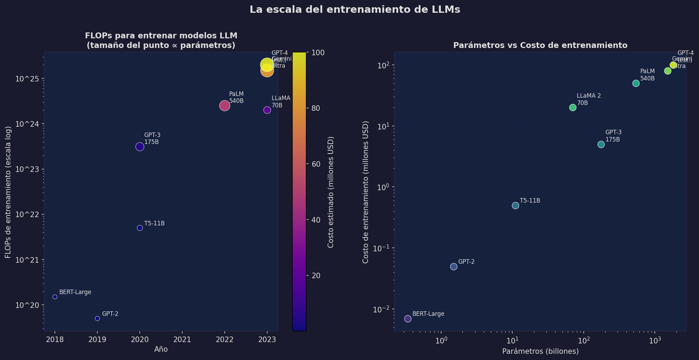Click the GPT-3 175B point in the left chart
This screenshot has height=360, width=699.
coord(139,147)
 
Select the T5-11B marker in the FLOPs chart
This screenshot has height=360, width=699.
coord(139,228)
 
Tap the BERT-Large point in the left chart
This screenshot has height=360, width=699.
coord(55,297)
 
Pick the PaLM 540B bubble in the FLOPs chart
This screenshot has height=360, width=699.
coord(224,106)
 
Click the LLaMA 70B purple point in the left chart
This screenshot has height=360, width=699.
coord(267,110)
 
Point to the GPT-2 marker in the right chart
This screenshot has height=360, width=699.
coord(454,266)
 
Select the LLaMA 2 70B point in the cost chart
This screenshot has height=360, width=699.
coord(573,107)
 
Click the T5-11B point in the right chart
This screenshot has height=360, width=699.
coord(515,205)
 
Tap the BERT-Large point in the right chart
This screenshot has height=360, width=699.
coord(408,319)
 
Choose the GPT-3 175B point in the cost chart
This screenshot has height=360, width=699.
coord(601,144)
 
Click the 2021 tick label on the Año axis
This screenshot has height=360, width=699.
coord(182,340)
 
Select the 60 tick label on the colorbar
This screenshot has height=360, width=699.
coord(316,164)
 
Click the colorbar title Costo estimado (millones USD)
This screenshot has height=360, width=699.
coord(331,192)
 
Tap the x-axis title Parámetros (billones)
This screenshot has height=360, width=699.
coord(540,351)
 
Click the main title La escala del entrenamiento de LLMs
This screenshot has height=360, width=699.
coord(355,10)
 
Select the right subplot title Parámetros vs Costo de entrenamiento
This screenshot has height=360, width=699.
coord(540,45)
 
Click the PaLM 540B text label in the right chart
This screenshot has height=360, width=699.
coord(647,75)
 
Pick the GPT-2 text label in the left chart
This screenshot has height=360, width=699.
coord(110,314)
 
